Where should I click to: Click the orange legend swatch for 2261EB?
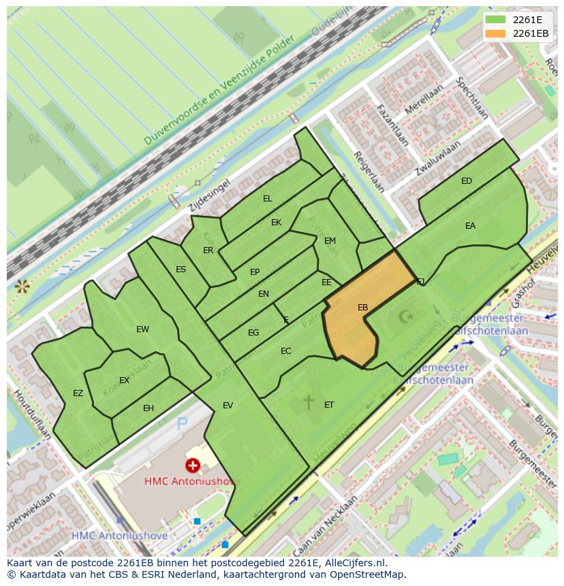coord(496,33)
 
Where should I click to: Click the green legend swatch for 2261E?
coord(496,20)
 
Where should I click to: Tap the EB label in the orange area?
coord(363,308)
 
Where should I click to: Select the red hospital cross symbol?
coord(193,465)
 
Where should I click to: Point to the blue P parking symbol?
coord(182,424)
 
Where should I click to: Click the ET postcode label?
coord(329,405)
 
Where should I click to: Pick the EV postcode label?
coord(228,406)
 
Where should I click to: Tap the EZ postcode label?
coord(78,393)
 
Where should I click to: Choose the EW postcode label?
coord(142,329)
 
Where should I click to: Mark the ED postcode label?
coord(467,181)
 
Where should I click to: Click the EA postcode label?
coord(470,226)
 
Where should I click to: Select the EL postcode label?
coord(268,199)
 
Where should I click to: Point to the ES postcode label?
coord(181,270)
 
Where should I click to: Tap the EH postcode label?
coord(148,408)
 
